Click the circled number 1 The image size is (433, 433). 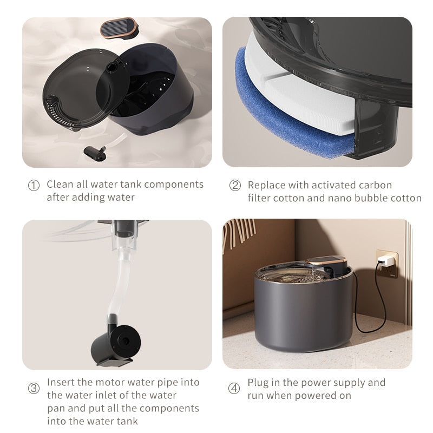[34, 186]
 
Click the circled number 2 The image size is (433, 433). [235, 186]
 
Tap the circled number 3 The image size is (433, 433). [34, 389]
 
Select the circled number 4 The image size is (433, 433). [234, 388]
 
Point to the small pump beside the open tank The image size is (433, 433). [96, 152]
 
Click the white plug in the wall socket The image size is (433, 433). [386, 261]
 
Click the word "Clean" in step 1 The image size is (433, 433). [60, 184]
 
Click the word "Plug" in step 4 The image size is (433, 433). [258, 383]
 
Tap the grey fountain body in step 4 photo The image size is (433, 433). [303, 319]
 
